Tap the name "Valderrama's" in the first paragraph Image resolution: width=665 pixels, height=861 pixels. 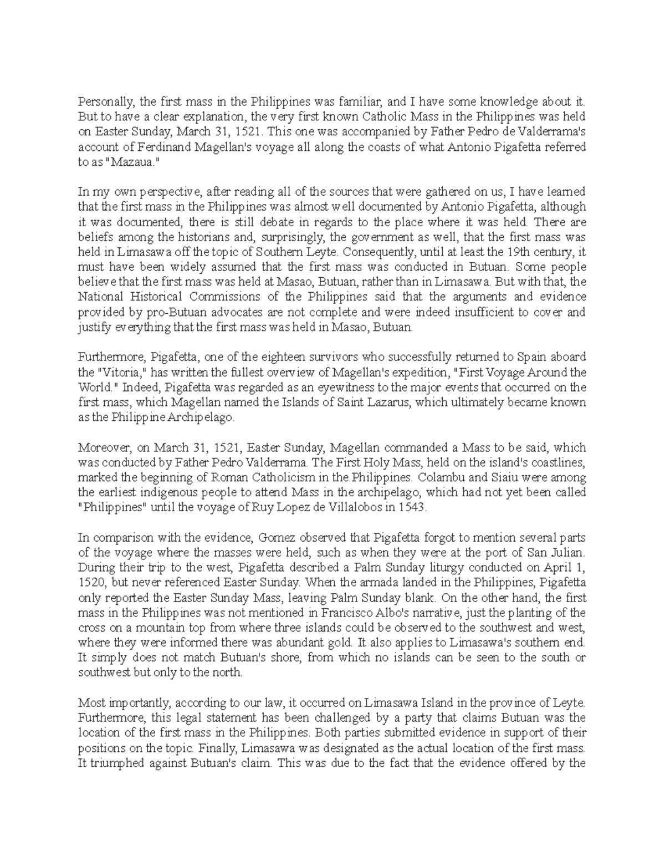(x=552, y=132)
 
